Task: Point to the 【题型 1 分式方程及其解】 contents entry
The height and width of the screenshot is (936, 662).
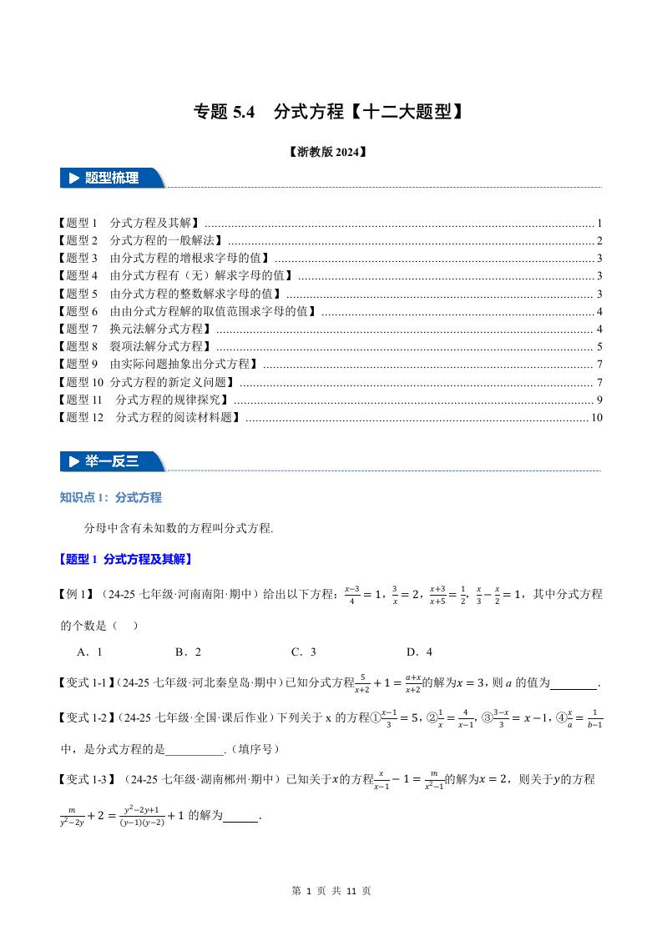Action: tap(129, 224)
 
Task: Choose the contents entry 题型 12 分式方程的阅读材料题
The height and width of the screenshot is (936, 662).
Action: tap(151, 417)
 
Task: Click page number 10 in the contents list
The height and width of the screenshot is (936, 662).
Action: tap(596, 417)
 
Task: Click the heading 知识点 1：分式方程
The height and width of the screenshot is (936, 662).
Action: tap(111, 498)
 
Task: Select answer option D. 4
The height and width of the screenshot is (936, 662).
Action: tap(419, 652)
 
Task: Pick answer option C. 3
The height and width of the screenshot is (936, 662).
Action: tap(303, 652)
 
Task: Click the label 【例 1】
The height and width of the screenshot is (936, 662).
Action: tap(76, 595)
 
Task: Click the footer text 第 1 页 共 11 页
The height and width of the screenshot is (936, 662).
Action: tap(331, 891)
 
